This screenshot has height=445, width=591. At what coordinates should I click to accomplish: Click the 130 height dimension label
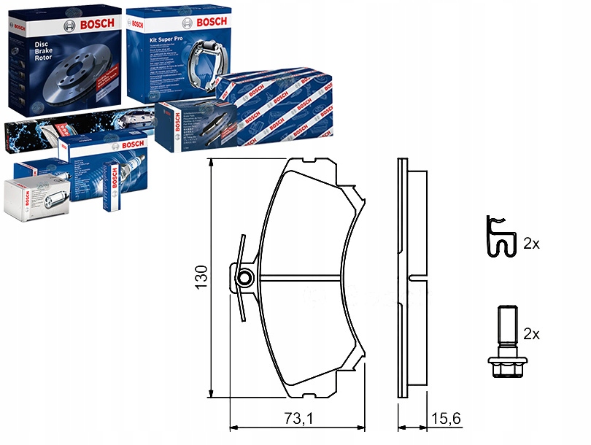[x=202, y=278]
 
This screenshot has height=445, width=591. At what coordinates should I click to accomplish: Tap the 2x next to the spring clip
[x=530, y=244]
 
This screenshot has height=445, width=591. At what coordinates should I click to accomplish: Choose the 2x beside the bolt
[x=530, y=334]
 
